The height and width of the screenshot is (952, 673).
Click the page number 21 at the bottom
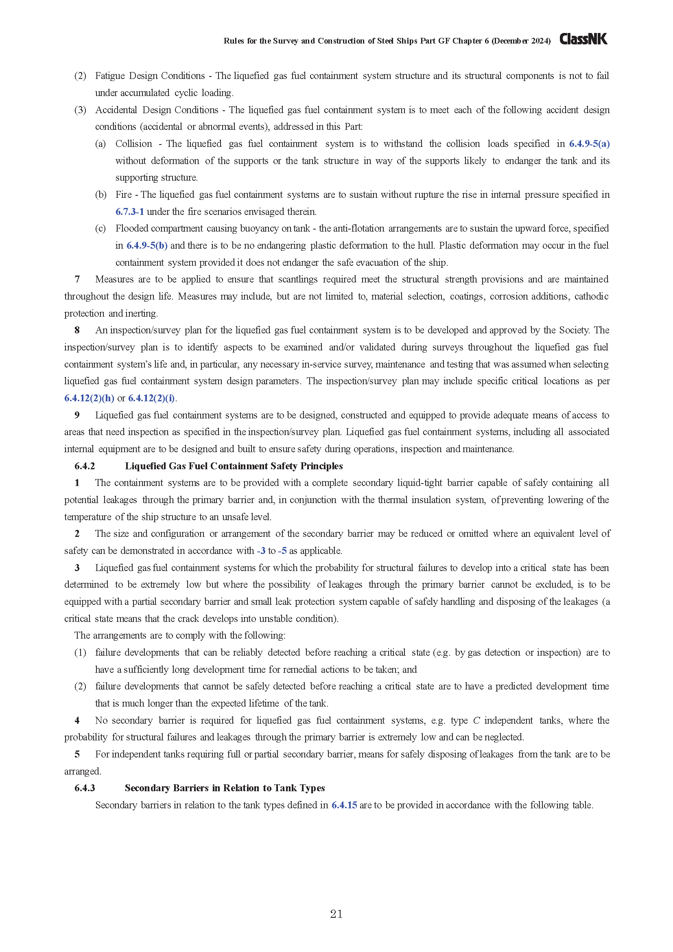(x=336, y=913)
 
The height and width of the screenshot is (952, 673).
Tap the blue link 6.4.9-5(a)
(x=589, y=143)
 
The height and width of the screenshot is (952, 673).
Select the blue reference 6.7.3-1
(x=129, y=212)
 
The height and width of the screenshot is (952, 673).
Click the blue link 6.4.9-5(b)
(x=147, y=245)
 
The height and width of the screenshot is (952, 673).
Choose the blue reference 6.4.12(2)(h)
(x=89, y=398)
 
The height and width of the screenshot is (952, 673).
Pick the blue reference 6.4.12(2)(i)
(x=152, y=398)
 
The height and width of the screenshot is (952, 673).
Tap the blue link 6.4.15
(x=344, y=805)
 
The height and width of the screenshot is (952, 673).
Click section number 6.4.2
(x=85, y=466)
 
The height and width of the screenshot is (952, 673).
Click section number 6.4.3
(x=85, y=788)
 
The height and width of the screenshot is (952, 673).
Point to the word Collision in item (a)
(x=133, y=143)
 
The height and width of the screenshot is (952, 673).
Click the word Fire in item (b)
(x=124, y=195)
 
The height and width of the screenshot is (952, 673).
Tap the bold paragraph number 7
(x=77, y=279)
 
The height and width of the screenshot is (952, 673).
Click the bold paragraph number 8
(x=77, y=330)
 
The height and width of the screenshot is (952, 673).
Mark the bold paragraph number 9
(x=77, y=415)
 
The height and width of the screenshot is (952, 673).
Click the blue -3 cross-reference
(x=261, y=551)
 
